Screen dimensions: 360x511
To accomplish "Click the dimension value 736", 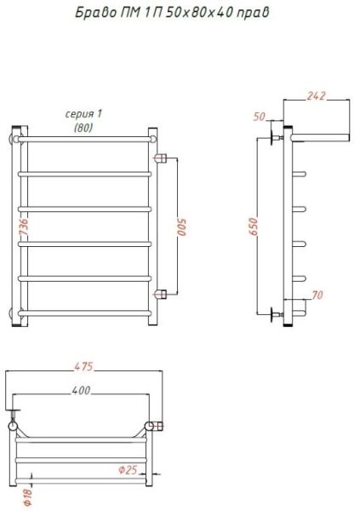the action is pos(24,227).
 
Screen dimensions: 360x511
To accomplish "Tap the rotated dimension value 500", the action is pos(182,227).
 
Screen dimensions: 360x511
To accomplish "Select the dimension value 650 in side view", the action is pos(253,227).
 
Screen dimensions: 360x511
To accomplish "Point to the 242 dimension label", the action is pos(316,95).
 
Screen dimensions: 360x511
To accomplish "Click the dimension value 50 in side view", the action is pos(260,117).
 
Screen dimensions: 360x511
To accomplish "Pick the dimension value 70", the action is pos(317,295).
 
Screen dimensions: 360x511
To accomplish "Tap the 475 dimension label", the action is pos(83,366).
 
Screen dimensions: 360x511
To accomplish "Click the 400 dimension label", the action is pos(81,390).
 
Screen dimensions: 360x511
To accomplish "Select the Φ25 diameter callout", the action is pos(128,470).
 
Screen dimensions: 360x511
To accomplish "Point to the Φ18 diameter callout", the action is pos(29,497).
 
